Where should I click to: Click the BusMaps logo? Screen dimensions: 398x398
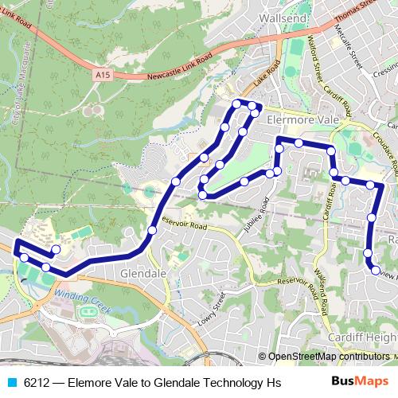(x=360, y=381)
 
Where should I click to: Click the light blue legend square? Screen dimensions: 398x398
(x=11, y=382)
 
